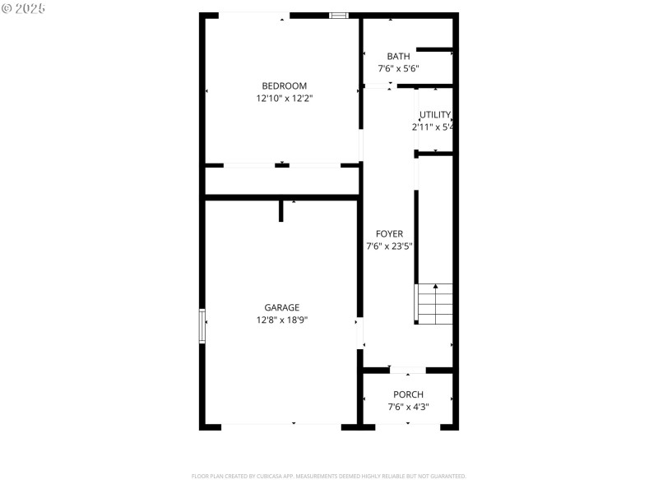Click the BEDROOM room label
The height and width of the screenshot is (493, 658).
(x=284, y=85)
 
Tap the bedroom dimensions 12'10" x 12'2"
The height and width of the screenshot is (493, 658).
(x=284, y=98)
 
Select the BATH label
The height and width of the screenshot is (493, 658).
(x=398, y=57)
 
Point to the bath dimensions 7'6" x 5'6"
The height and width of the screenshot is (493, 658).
(x=399, y=69)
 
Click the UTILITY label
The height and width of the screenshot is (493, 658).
(x=435, y=115)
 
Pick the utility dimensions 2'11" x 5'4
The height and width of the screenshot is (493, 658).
(x=433, y=127)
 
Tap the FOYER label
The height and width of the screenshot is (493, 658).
(x=389, y=233)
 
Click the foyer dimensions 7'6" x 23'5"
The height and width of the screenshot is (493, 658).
(x=389, y=246)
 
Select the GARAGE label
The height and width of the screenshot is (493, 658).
(x=281, y=308)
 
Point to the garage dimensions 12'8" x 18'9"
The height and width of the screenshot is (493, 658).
(x=281, y=320)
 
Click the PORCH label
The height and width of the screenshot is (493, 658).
(x=408, y=394)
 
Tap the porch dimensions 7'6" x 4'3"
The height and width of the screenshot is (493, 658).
(x=408, y=407)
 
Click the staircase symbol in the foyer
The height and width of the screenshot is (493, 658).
(x=434, y=303)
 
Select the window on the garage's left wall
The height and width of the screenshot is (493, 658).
(x=202, y=326)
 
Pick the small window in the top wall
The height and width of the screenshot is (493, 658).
(x=338, y=15)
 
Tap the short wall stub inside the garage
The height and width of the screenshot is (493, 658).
(x=280, y=210)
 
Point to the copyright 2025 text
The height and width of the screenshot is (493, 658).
(x=24, y=8)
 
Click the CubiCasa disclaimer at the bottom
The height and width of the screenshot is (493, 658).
(x=329, y=476)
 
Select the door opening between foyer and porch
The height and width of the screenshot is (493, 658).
(x=407, y=370)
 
